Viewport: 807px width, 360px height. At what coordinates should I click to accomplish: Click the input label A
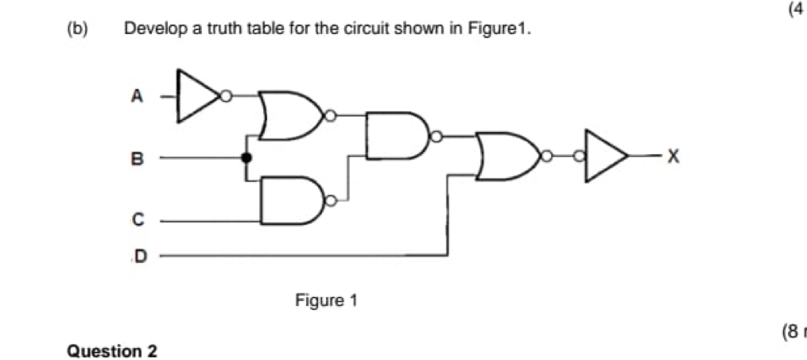point(136,96)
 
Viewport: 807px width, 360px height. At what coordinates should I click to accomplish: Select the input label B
point(136,158)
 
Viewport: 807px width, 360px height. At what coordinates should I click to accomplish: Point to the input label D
point(140,256)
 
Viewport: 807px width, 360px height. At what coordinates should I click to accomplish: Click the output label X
point(672,157)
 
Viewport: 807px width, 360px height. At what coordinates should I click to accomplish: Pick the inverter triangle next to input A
point(196,96)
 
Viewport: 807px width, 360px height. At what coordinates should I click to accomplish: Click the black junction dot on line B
point(246,158)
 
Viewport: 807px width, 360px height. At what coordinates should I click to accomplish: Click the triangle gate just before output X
point(607,156)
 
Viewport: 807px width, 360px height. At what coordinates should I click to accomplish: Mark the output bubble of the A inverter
point(226,96)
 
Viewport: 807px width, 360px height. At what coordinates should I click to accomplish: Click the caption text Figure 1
point(327,301)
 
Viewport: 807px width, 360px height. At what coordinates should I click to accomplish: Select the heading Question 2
point(112,350)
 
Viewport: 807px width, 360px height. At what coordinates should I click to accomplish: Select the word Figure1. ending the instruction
point(501,29)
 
